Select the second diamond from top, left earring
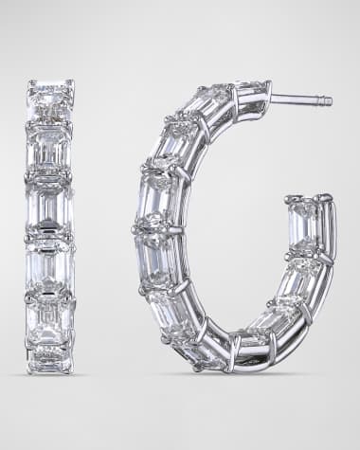(x=50, y=147)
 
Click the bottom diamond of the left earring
(x=50, y=360)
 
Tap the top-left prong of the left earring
(x=30, y=83)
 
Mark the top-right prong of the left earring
(x=71, y=83)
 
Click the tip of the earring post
(x=330, y=100)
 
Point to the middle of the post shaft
(x=301, y=99)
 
